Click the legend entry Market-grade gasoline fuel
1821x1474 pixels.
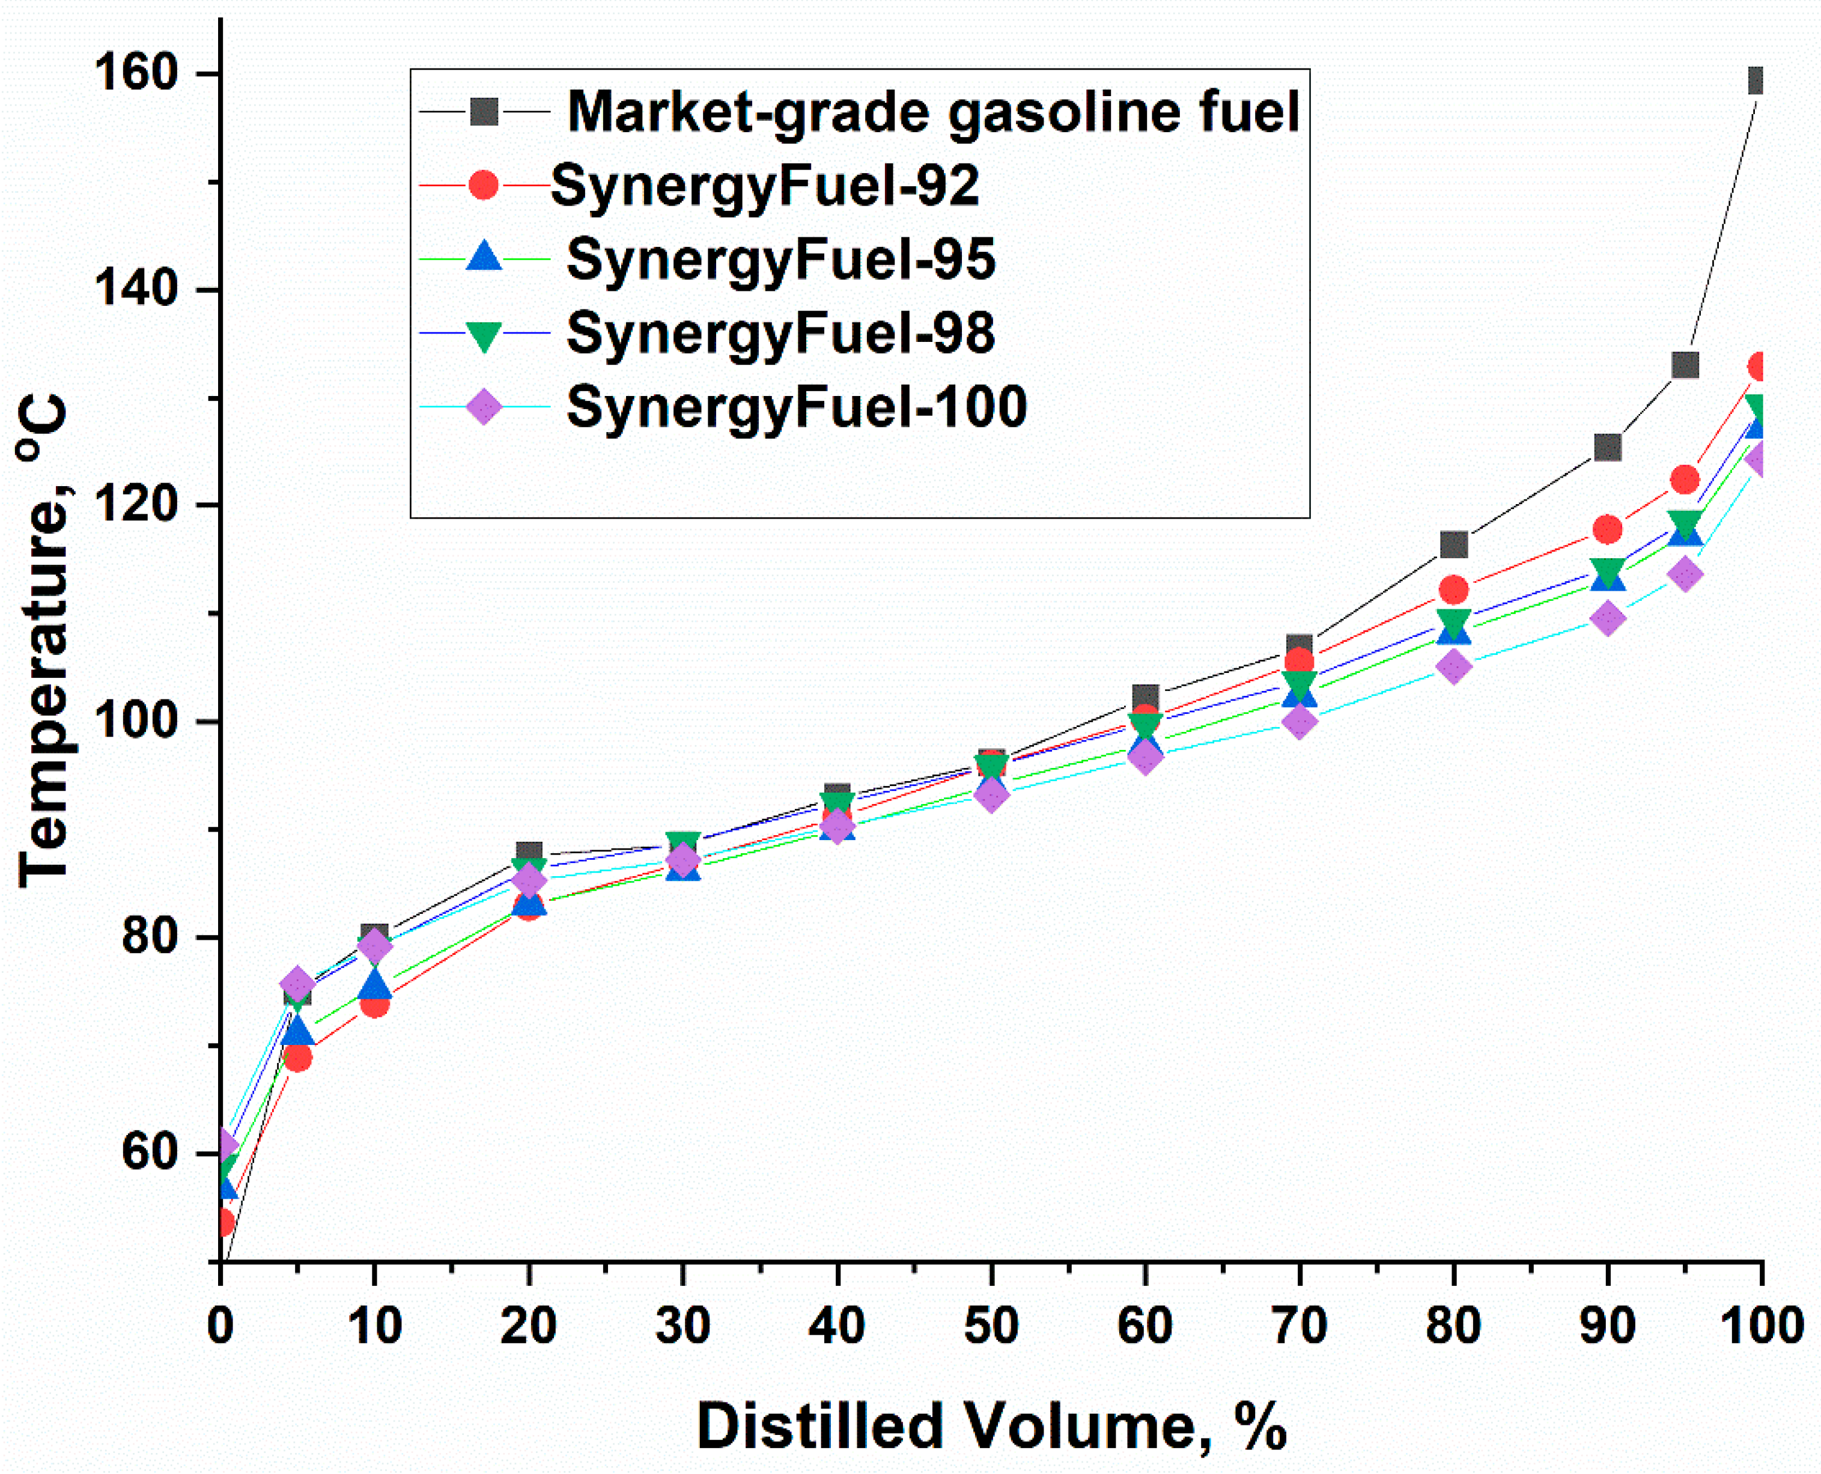[933, 111]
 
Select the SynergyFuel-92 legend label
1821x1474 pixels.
[765, 185]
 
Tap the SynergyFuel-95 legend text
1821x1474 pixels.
[780, 259]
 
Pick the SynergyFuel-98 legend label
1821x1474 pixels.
[780, 333]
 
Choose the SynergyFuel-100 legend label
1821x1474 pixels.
[796, 407]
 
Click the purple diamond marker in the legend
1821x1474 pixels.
[484, 407]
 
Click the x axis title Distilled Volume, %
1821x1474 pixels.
[991, 1425]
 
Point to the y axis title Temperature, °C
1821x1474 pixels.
[43, 641]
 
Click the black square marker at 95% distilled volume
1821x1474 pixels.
[1684, 365]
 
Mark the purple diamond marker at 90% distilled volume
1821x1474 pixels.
[1607, 618]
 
